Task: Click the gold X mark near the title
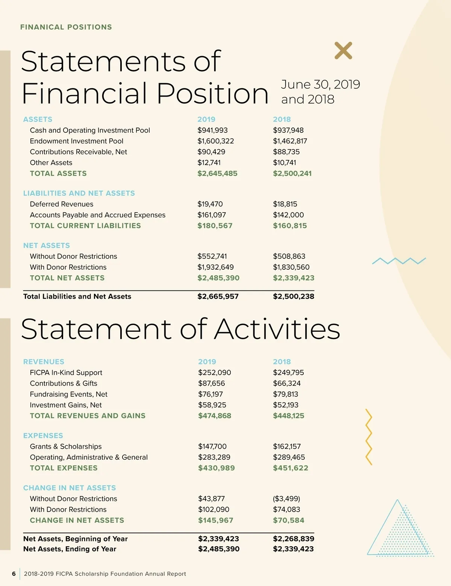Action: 343,50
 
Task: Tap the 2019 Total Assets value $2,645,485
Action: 217,173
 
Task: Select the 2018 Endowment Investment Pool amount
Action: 290,141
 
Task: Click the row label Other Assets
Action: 51,162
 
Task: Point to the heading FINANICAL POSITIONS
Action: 66,27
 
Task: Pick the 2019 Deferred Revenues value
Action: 210,204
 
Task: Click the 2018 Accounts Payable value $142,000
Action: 288,215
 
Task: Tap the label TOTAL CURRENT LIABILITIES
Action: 85,226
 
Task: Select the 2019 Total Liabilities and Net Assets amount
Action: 218,296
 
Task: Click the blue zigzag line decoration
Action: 399,261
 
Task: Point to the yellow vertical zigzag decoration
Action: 369,437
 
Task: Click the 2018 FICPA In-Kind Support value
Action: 288,372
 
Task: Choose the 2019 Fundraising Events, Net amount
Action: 210,394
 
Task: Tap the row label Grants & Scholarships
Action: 66,446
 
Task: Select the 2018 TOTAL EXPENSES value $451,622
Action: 291,468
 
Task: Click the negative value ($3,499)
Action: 286,499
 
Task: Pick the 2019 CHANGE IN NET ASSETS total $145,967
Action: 216,520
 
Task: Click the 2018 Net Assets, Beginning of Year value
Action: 294,539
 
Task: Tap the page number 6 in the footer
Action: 14,574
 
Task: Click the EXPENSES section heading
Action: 43,436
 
